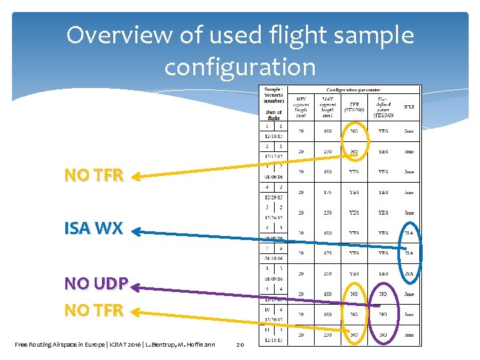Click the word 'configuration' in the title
coord(239,67)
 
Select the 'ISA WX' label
coord(94,229)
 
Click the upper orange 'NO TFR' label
coord(94,175)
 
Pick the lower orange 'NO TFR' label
coord(94,311)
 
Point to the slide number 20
coord(241,344)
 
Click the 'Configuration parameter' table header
coord(353,89)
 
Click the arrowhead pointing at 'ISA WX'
coord(136,232)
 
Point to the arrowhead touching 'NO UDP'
coord(136,287)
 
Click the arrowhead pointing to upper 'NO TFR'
coord(136,177)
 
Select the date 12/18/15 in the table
coord(272,136)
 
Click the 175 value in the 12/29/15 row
coord(327,192)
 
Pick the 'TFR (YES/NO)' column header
coord(354,107)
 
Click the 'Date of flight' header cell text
coord(273,115)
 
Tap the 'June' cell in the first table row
coord(409,131)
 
